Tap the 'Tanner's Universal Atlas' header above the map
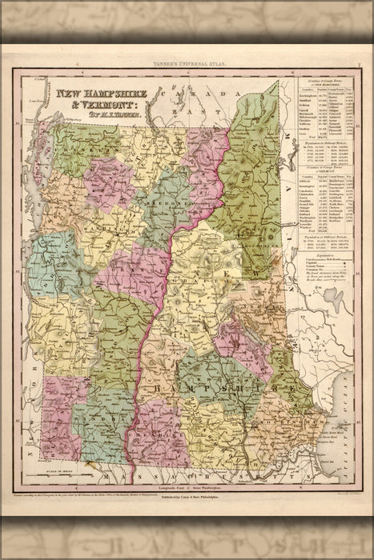(187, 63)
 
